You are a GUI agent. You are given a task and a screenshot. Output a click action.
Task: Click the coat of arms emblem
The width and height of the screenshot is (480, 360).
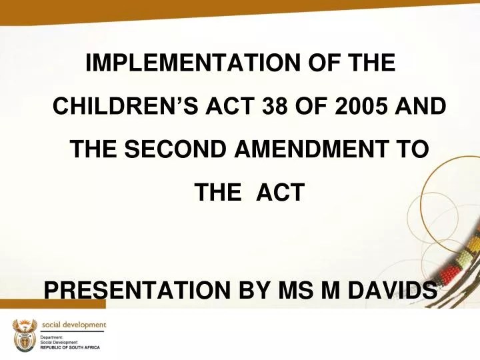[22, 335]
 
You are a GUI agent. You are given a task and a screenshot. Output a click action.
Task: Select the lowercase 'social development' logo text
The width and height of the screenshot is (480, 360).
[73, 325]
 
